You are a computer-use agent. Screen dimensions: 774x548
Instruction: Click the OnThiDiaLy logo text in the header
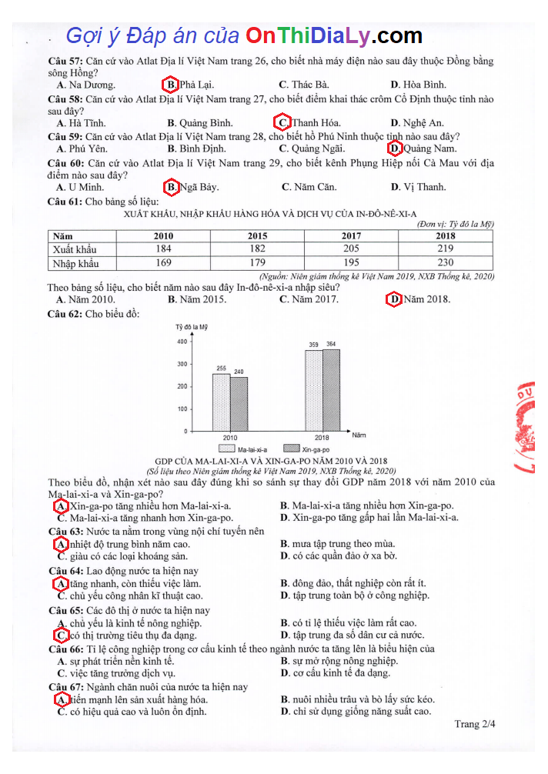334,35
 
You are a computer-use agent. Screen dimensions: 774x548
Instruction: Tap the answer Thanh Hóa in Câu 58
308,122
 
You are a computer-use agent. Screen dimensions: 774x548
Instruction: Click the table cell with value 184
163,249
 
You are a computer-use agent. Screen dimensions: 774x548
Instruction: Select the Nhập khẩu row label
75,263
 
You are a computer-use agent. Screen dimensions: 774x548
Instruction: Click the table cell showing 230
445,263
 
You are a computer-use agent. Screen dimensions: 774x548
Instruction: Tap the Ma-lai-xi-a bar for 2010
221,402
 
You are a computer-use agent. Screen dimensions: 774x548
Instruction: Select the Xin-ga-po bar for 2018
331,390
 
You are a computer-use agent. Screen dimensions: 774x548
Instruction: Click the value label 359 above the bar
314,344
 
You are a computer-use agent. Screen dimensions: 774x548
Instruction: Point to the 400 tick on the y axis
182,342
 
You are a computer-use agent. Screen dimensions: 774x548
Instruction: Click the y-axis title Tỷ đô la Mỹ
192,327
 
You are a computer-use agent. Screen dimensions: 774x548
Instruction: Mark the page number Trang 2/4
474,724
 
